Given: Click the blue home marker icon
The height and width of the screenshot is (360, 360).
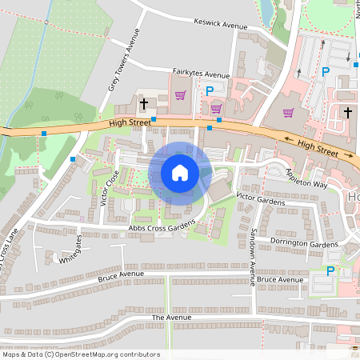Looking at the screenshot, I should coord(180,173).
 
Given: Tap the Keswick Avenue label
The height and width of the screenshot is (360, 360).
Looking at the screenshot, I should coord(221,25).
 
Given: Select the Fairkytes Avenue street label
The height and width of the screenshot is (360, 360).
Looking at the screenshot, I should coord(201,73).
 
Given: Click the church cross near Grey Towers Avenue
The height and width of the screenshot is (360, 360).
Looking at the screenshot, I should coord(145,103).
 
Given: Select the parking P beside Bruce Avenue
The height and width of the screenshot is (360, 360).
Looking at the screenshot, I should coord(330,272).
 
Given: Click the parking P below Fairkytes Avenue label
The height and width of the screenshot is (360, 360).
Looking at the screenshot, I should coord(210,91).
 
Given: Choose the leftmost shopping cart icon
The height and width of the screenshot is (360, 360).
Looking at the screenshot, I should coord(180,95).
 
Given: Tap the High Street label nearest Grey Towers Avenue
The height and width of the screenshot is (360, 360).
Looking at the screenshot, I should coord(130,122).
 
